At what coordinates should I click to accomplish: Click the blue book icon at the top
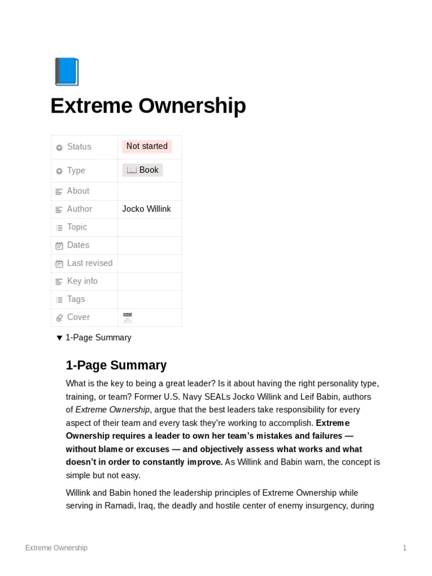click(x=66, y=72)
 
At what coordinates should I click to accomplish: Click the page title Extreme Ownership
click(x=148, y=106)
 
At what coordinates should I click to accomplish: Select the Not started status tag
click(x=147, y=146)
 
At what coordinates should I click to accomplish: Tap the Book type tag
click(x=143, y=170)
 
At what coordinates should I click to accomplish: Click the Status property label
click(x=79, y=147)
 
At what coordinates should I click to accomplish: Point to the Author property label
click(x=79, y=209)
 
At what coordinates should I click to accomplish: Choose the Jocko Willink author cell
click(x=146, y=209)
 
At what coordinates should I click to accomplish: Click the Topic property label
click(x=77, y=227)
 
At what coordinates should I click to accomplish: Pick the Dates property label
click(x=78, y=245)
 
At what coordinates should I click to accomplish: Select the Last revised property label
click(x=89, y=263)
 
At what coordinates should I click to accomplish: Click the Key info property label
click(x=82, y=281)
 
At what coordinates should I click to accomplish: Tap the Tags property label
click(x=76, y=299)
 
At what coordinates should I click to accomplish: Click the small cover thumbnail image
click(x=127, y=318)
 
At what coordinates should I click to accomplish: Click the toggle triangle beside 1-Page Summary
click(x=59, y=338)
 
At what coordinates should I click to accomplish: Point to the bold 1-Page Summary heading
click(x=116, y=366)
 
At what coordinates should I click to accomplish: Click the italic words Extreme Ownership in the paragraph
click(x=112, y=410)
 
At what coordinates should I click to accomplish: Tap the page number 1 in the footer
click(x=404, y=548)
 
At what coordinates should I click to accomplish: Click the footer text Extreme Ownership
click(x=56, y=548)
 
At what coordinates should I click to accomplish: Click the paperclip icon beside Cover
click(x=59, y=318)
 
